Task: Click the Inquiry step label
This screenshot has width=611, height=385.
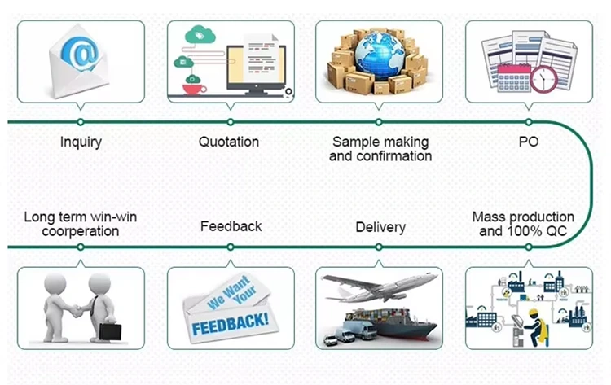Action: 81,142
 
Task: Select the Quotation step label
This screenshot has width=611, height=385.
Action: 229,142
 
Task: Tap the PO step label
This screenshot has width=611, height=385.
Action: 528,142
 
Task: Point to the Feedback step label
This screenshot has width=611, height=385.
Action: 231,225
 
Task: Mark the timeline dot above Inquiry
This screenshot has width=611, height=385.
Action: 80,121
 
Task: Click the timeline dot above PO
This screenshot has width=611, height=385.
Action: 528,121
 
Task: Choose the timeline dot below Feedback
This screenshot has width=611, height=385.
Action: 231,247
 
